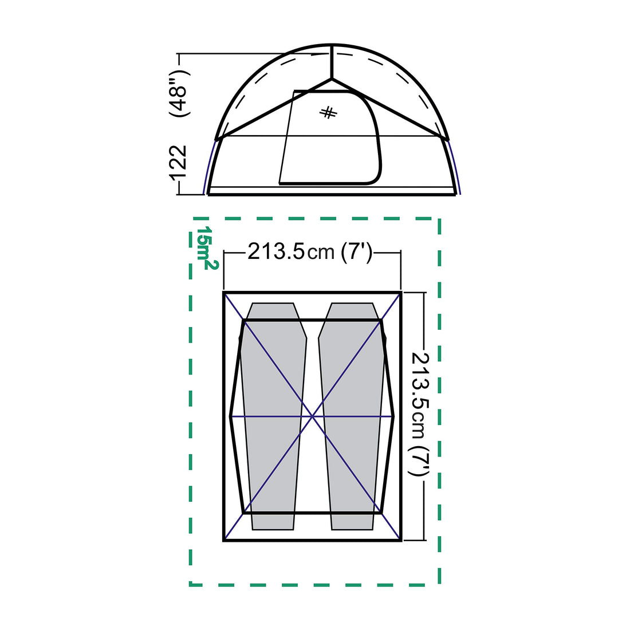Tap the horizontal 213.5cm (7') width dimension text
311,251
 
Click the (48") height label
179,93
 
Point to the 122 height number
179,163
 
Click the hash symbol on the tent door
329,113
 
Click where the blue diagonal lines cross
313,416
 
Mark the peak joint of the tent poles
332,78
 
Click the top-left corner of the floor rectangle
224,293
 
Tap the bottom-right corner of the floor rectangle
400,540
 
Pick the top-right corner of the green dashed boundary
439,219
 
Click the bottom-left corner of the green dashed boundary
191,585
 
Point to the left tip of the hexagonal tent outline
230,416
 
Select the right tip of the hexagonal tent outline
395,416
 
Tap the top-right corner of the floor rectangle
400,293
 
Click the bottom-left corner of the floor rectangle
224,540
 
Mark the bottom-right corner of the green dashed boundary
439,585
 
